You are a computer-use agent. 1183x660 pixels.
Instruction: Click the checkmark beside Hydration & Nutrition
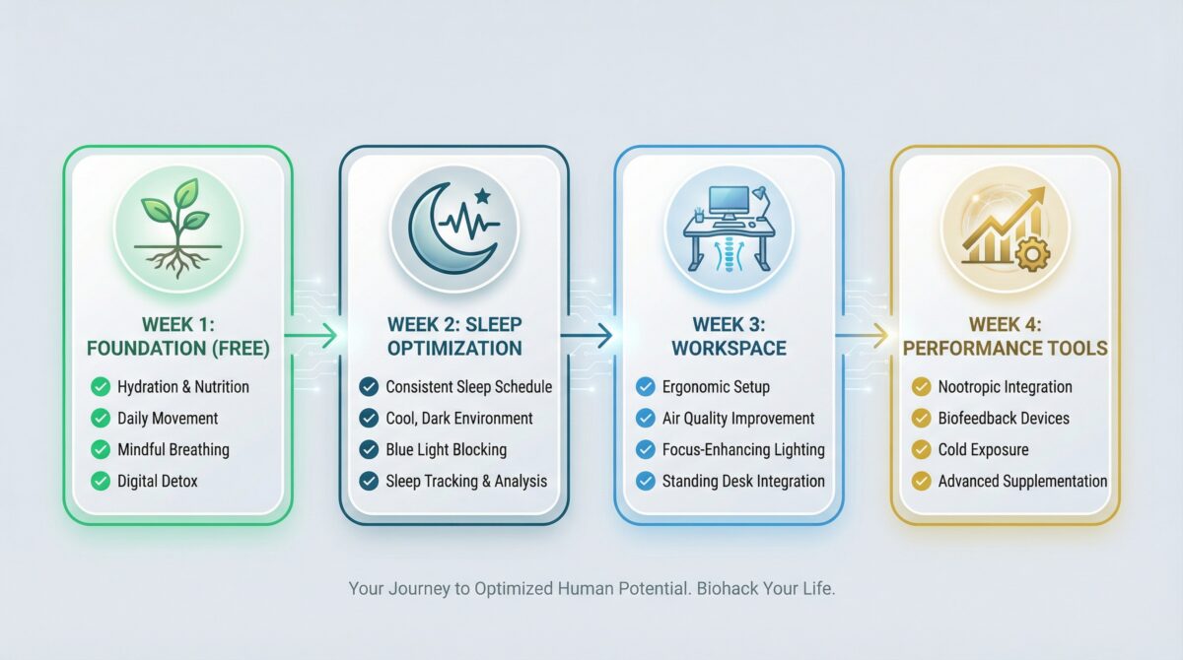(100, 387)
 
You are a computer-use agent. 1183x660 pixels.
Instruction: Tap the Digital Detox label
(159, 482)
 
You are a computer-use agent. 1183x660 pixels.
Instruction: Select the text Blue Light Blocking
(446, 450)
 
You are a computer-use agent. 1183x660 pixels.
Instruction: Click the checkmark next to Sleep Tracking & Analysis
(369, 482)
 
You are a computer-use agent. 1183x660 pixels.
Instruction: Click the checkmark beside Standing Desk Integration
(645, 482)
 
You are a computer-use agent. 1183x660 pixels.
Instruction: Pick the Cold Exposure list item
(983, 450)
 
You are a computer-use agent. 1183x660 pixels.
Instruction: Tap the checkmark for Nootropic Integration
(921, 387)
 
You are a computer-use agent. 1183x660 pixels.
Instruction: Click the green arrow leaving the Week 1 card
(315, 336)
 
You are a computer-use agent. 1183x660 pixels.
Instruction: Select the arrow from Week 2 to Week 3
(590, 336)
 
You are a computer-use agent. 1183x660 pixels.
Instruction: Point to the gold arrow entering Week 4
(865, 336)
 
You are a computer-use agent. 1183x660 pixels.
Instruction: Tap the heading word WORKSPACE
(730, 348)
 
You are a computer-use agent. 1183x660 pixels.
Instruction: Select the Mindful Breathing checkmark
(100, 450)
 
